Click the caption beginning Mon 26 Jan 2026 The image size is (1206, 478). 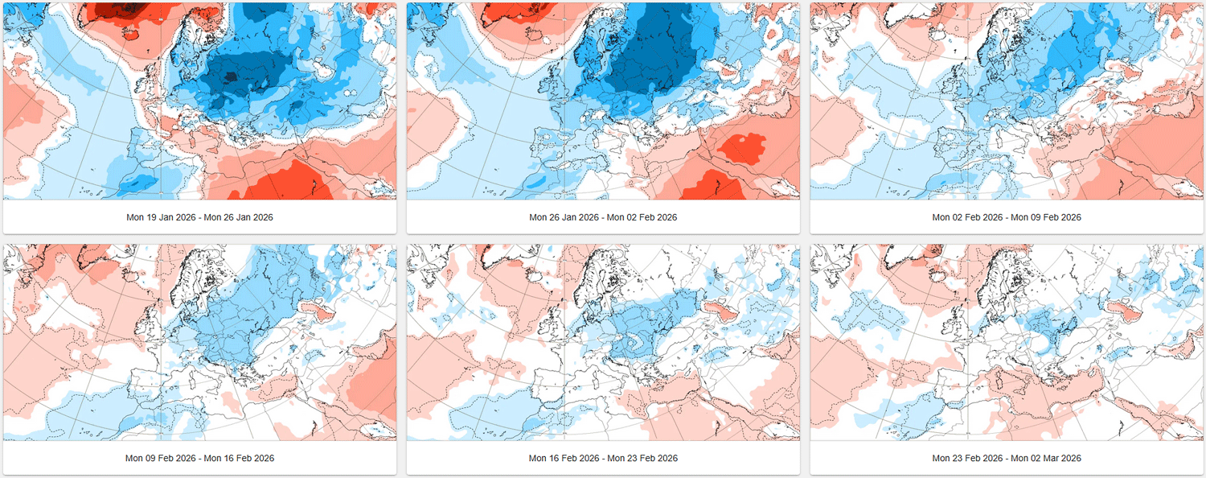click(x=603, y=217)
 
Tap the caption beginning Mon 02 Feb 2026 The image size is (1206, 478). click(x=1007, y=217)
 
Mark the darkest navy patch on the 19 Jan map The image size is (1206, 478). click(x=230, y=77)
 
